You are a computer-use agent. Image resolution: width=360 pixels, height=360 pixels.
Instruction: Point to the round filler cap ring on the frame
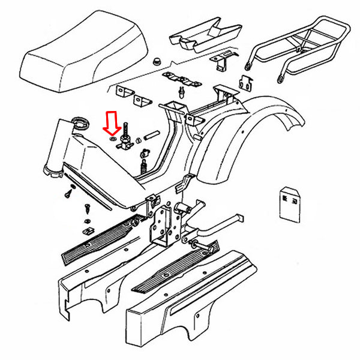(x=78, y=125)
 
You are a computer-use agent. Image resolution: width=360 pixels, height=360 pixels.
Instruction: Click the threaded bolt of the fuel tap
(x=127, y=130)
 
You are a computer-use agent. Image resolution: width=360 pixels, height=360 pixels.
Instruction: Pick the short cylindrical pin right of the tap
(x=151, y=136)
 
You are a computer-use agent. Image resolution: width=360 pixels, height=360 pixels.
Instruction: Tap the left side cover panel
(x=96, y=282)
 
